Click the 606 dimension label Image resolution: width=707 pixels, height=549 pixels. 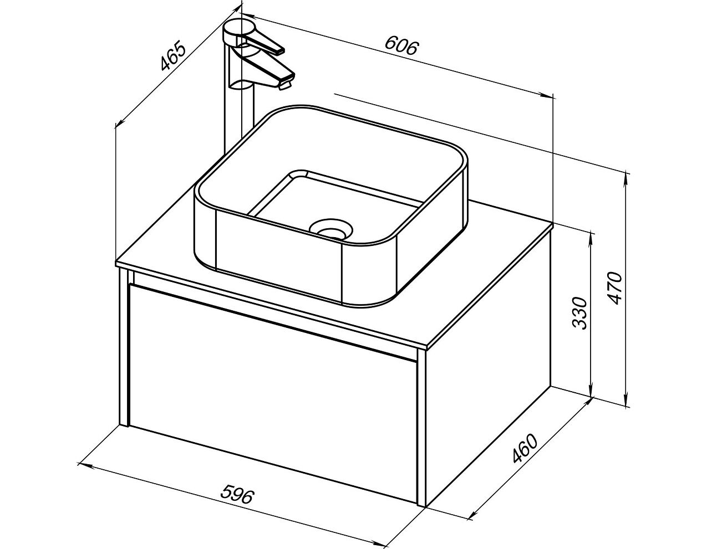click(400, 47)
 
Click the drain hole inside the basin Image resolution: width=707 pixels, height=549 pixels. click(331, 228)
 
